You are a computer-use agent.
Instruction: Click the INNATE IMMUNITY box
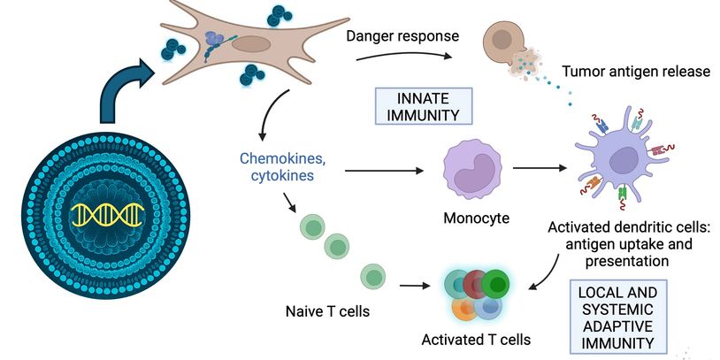coord(424,103)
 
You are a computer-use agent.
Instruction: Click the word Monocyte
coord(477,217)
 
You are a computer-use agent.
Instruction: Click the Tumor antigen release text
coord(636,71)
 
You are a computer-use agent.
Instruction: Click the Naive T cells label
coord(327,311)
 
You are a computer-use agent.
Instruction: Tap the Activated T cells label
coord(478,339)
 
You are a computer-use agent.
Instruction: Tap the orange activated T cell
coord(465,307)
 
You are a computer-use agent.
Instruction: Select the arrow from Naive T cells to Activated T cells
coord(417,286)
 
